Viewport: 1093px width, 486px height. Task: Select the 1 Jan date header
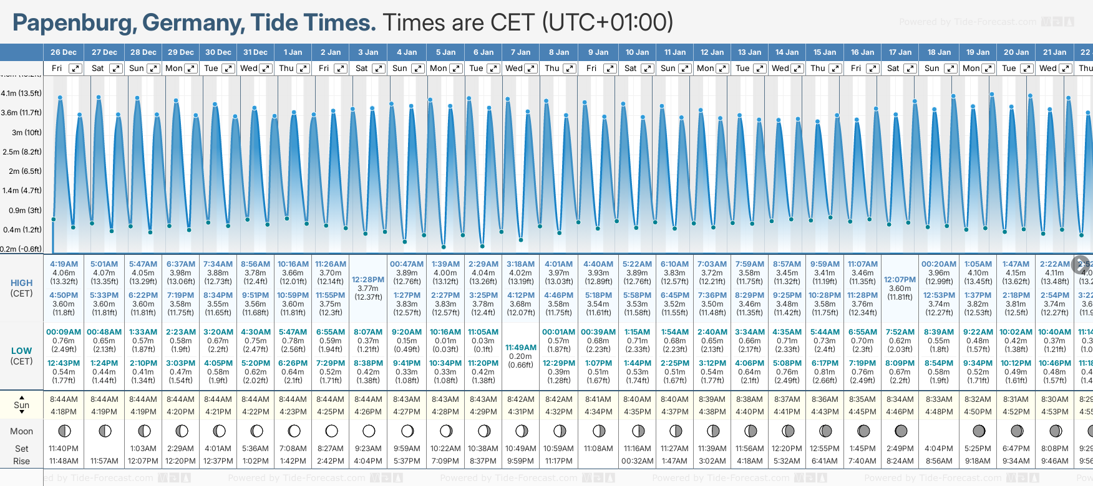coord(293,52)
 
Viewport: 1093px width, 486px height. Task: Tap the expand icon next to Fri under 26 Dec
coord(75,69)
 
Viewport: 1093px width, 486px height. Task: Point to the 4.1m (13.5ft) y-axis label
coord(21,93)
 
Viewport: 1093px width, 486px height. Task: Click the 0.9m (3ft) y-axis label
coord(21,210)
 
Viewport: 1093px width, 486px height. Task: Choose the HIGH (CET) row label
coord(21,288)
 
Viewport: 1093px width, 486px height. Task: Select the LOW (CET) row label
coord(21,356)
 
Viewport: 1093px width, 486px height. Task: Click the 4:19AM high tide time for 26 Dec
coord(64,264)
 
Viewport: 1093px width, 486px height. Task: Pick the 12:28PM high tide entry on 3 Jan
coord(368,280)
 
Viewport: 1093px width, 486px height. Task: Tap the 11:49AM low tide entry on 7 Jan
coord(520,348)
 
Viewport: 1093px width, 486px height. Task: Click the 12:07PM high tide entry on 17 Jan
coord(900,280)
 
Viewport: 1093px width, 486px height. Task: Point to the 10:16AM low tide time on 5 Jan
coord(445,332)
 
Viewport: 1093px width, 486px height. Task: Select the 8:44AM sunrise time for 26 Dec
coord(64,399)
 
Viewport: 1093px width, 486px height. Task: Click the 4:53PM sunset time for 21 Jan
coord(1055,412)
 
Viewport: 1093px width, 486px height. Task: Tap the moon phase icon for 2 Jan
coord(331,431)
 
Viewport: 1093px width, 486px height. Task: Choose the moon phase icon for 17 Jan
coord(900,431)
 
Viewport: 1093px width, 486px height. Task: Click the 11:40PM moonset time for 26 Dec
coord(64,449)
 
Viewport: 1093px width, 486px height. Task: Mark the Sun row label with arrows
coord(21,405)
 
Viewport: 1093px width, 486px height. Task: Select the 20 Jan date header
coord(1016,52)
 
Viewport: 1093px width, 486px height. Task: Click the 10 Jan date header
coord(637,52)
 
